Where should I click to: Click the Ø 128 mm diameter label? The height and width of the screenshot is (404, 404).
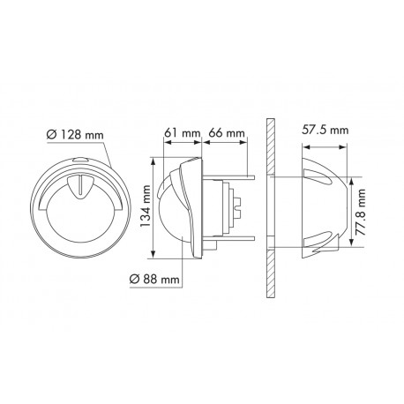74,133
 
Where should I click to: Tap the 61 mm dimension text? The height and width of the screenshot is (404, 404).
180,133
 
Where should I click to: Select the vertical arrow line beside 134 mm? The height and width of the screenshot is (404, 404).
157,209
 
